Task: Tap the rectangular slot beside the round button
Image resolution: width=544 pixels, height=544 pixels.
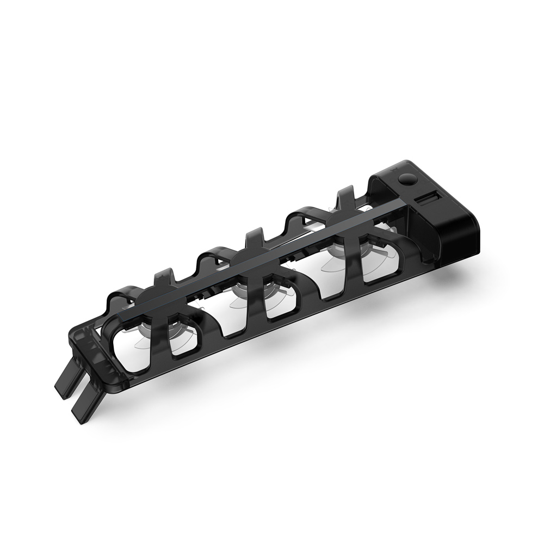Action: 428,200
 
